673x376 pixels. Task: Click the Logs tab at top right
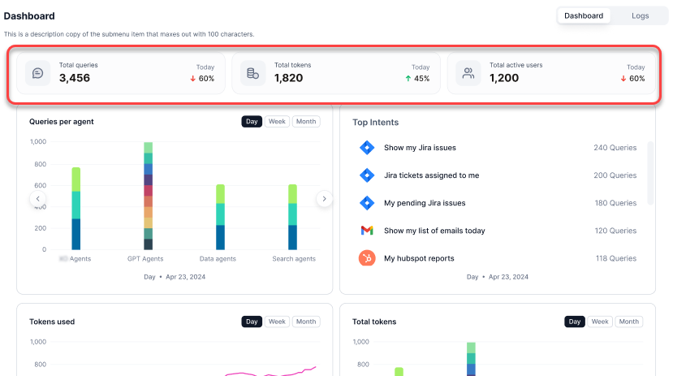(640, 15)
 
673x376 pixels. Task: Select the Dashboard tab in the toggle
(584, 15)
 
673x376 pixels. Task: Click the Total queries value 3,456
(75, 78)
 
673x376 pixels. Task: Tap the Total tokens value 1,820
(288, 78)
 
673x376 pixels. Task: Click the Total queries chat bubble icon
(38, 73)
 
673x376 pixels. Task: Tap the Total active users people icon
(468, 73)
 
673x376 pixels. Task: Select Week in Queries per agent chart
(277, 122)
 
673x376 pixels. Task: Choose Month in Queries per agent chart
(306, 122)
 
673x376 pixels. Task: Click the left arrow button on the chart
(38, 199)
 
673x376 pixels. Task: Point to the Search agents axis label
(294, 259)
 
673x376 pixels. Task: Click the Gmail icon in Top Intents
(367, 231)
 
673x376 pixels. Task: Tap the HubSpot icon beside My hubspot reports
(367, 258)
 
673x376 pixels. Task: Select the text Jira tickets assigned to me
(431, 175)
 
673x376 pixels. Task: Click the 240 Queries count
(615, 148)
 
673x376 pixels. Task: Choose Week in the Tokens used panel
(277, 322)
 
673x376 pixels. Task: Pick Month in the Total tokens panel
(629, 322)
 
